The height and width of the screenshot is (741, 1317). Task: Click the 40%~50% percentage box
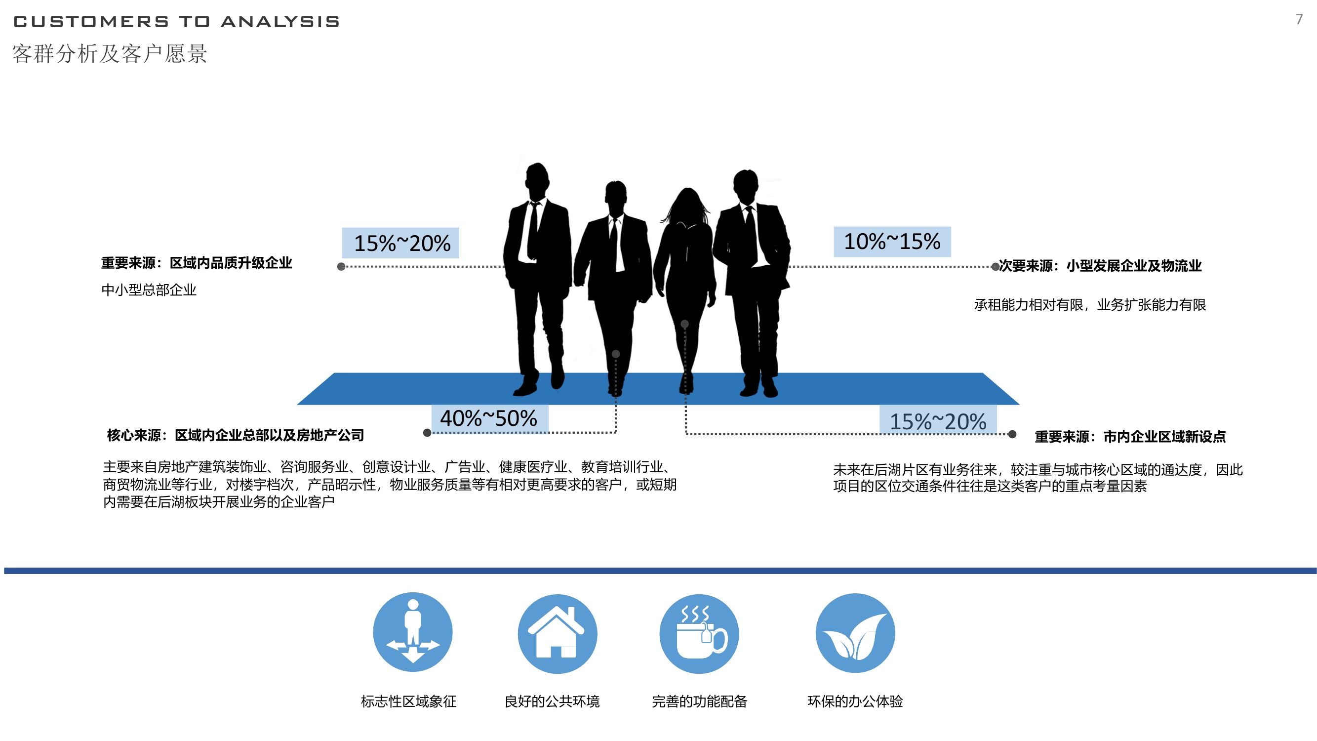(490, 419)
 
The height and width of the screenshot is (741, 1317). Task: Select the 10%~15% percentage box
(892, 242)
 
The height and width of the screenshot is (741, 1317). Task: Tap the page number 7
(1299, 19)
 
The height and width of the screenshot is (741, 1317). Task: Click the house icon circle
(558, 634)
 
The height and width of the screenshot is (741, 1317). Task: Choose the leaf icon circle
(855, 633)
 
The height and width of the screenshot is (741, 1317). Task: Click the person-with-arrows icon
(413, 632)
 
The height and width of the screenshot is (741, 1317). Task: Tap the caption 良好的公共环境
(552, 701)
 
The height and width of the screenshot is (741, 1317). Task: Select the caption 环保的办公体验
(855, 701)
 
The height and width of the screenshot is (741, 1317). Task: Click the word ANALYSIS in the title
(280, 21)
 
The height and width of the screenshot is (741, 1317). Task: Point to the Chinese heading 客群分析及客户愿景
(110, 54)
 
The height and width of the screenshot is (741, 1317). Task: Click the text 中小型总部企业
(149, 290)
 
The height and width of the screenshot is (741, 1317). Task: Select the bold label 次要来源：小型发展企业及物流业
(1100, 266)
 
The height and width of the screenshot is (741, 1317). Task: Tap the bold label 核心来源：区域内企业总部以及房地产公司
(235, 435)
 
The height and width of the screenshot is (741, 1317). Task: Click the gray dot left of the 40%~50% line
(427, 433)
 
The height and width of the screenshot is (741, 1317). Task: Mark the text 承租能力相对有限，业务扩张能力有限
(1090, 305)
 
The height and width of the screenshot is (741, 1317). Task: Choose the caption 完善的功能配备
(699, 701)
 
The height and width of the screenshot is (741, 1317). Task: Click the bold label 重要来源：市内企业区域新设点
(1130, 437)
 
